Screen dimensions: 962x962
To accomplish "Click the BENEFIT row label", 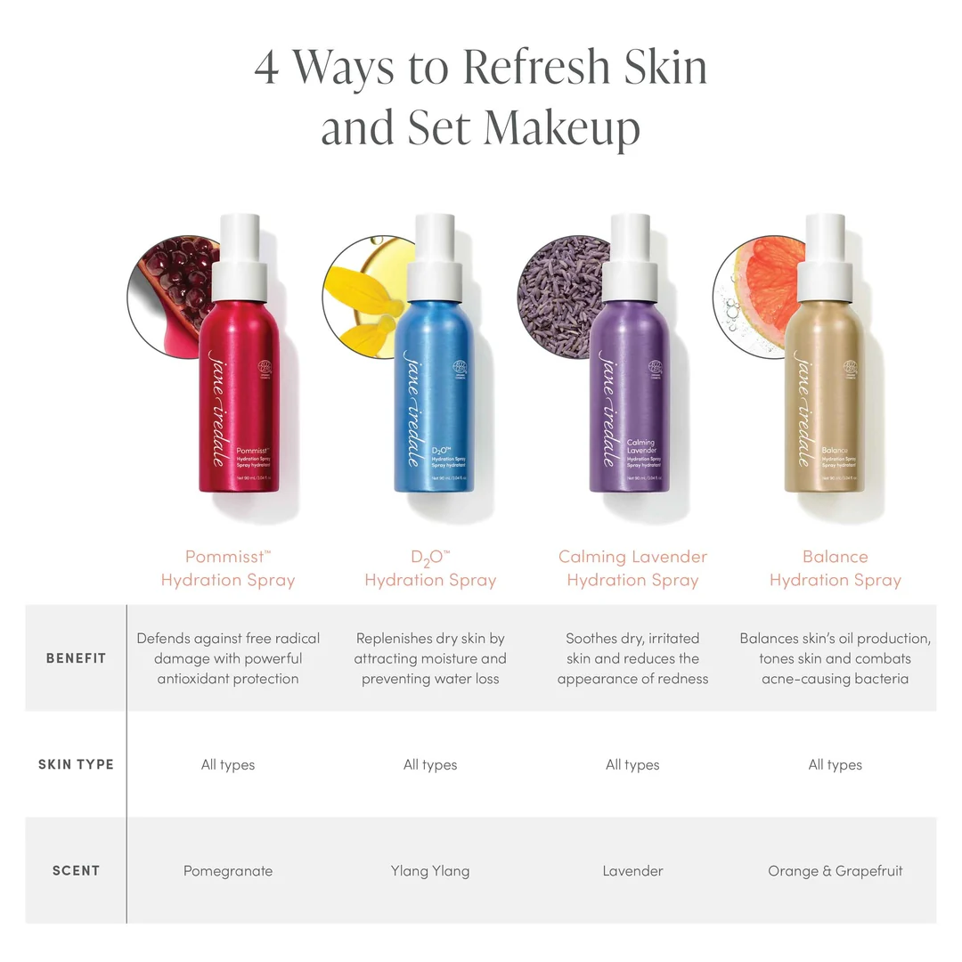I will tap(76, 658).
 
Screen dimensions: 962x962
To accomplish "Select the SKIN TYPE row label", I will tap(76, 764).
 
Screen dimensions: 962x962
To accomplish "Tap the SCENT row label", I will tap(76, 870).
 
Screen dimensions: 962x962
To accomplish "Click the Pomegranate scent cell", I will tap(228, 870).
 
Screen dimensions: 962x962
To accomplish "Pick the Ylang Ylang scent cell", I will tap(430, 870).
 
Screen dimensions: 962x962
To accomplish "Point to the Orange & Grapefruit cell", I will tap(835, 870).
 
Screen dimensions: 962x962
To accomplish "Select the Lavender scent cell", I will tap(632, 870).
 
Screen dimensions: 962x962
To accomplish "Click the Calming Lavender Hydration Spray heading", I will tap(632, 568).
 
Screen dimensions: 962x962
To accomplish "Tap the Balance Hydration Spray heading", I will tap(835, 568).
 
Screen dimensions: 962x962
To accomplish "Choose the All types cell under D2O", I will tap(430, 764).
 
